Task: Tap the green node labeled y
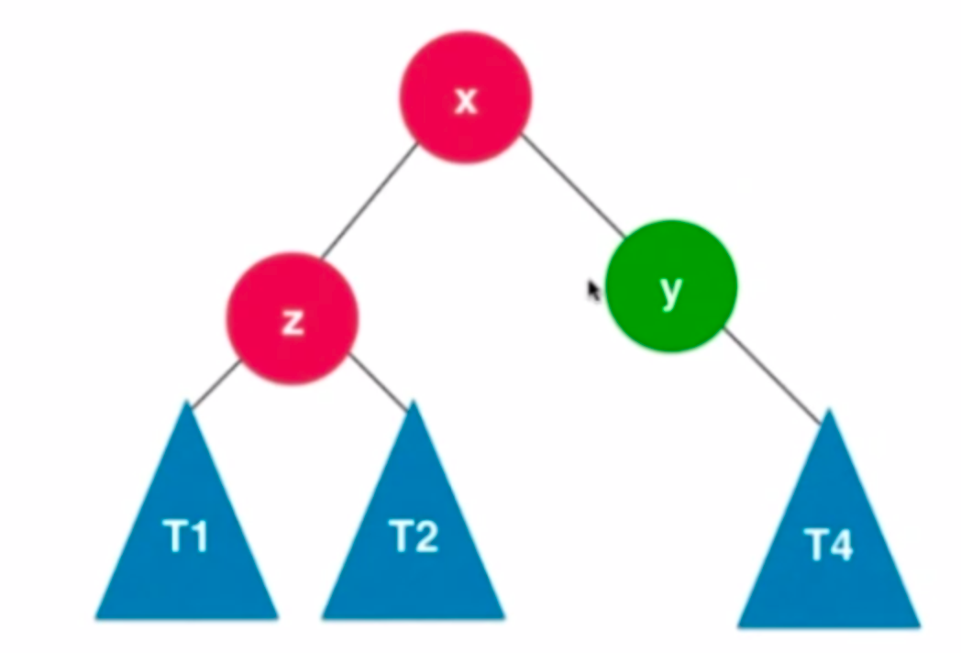(x=671, y=285)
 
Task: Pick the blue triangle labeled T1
(x=187, y=541)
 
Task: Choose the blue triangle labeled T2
(x=414, y=541)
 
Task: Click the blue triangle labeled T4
(x=829, y=550)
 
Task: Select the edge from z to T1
(x=215, y=383)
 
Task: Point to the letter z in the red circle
(x=293, y=321)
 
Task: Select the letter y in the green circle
(x=671, y=289)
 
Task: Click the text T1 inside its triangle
(x=187, y=537)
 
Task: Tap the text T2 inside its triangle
(x=414, y=537)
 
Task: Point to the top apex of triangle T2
(x=414, y=404)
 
